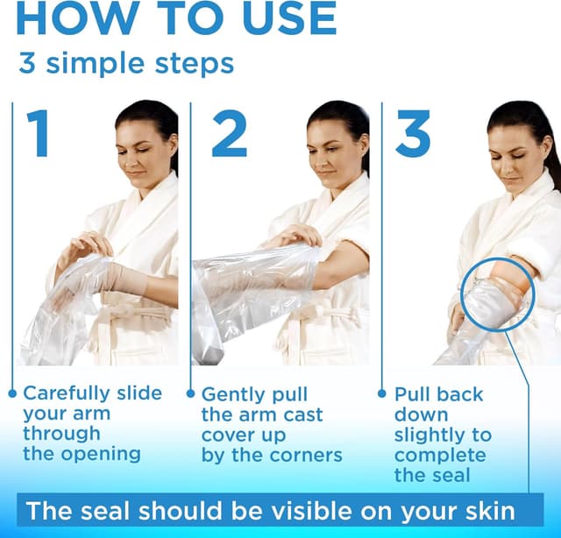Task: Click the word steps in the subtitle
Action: point(191,64)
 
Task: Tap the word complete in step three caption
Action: point(439,456)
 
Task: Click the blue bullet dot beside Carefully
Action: point(12,393)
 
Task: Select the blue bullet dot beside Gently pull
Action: point(191,393)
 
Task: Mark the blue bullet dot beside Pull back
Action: point(381,393)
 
